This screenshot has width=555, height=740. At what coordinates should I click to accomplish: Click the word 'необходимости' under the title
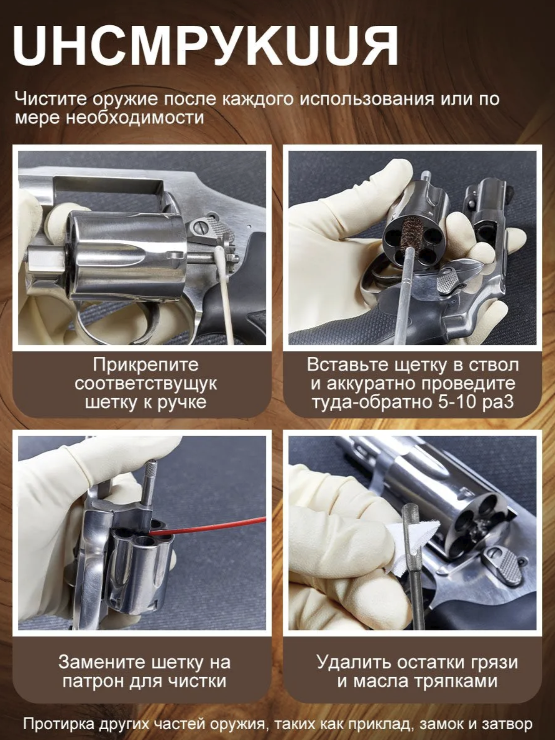(135, 119)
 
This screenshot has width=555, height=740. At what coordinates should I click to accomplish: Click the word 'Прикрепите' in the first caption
(146, 365)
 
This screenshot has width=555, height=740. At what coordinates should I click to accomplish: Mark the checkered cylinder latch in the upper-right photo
(449, 280)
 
